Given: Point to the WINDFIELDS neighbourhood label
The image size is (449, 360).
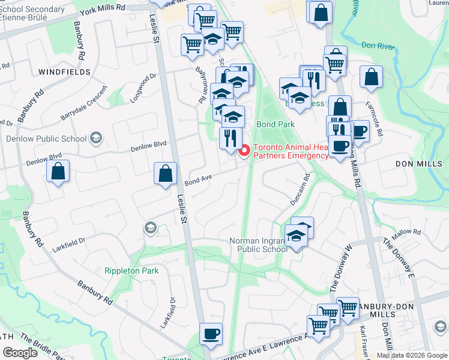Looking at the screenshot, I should tap(64, 72).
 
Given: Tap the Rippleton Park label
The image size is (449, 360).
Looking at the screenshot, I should tap(131, 271).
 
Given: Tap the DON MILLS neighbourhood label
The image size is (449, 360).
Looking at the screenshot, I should tap(418, 164).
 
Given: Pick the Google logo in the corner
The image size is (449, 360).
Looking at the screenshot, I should tap(20, 353).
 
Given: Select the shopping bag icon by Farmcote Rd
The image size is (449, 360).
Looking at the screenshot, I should tap(371, 76).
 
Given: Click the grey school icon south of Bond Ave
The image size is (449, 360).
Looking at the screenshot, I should tap(149, 228).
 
